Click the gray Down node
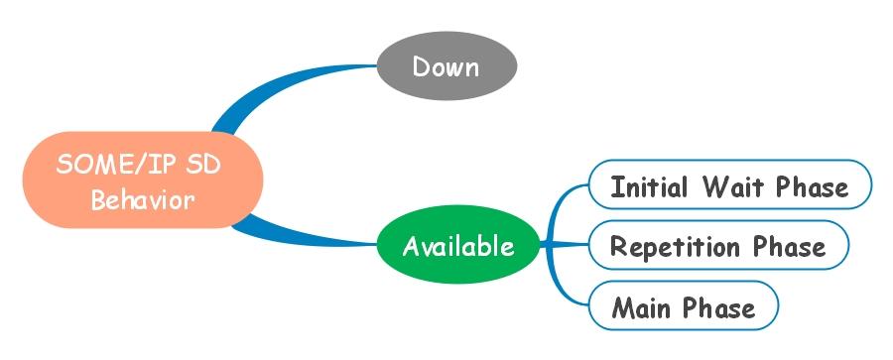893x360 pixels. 446,66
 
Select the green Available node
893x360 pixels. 457,245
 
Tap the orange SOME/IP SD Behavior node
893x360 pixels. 143,181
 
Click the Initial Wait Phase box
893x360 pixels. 729,186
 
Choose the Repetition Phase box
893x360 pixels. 718,246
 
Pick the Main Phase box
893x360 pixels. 683,306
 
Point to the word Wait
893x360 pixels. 737,186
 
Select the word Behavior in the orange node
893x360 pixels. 143,199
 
